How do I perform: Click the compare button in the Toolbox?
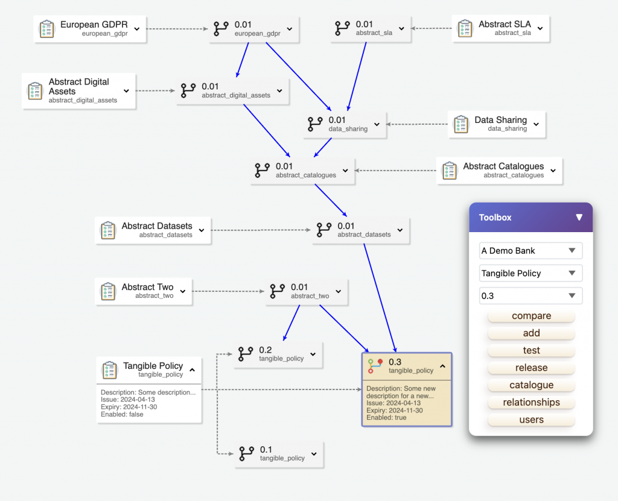point(531,316)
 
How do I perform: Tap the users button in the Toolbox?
point(531,420)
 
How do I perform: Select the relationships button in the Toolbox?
point(531,403)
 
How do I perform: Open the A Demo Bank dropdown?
point(530,251)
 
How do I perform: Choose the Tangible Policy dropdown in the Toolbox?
point(530,273)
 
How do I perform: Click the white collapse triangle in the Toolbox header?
point(579,218)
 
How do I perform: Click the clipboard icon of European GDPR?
point(46,29)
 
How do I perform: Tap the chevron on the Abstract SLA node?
point(540,28)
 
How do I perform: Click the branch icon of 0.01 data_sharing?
point(315,124)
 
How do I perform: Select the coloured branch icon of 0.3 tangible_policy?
point(375,366)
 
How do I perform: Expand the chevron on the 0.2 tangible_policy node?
point(313,354)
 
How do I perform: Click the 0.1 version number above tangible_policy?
point(266,449)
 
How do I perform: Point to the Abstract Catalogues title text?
point(503,166)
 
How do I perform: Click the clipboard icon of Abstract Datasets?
point(107,230)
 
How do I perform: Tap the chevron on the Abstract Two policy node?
point(183,291)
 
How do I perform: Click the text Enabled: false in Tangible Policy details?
point(122,414)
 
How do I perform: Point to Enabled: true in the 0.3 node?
point(386,417)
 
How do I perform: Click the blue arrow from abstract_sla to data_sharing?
point(357,77)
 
